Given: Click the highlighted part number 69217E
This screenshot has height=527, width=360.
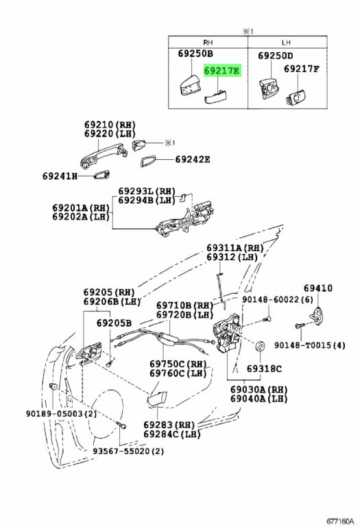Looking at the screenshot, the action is (x=222, y=71).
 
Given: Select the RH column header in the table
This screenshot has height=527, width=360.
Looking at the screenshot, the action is (x=208, y=43).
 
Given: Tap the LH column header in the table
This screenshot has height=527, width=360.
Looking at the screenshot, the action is (x=286, y=43).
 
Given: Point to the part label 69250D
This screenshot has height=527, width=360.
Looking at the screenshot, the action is (x=276, y=56).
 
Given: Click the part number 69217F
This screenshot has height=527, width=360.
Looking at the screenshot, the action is (x=302, y=69).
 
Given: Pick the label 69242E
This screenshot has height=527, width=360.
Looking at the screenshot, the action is (x=193, y=159).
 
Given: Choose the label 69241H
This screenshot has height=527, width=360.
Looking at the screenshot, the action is (x=60, y=176).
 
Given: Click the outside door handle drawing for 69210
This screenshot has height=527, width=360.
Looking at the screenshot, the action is (x=104, y=154).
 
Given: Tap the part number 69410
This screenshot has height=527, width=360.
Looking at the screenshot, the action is (x=318, y=288).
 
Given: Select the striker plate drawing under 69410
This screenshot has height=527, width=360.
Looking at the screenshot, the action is (x=317, y=316).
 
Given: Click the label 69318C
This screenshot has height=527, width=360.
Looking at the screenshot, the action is (x=264, y=368).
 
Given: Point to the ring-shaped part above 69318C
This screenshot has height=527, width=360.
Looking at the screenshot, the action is (x=260, y=346).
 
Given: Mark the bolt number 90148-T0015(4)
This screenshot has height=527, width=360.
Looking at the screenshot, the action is (x=310, y=345).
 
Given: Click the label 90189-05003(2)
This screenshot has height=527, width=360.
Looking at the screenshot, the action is (x=61, y=413).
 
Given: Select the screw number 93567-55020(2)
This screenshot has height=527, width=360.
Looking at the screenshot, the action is (x=129, y=451).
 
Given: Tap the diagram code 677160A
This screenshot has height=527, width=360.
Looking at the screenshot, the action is (x=340, y=522).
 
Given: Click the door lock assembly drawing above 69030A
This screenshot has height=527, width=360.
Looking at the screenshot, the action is (x=227, y=333).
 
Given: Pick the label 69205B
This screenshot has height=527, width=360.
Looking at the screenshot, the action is (x=115, y=323).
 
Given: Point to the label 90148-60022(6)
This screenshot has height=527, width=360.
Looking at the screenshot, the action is (x=278, y=299).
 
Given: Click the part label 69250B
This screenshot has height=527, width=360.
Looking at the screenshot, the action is (x=195, y=54).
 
